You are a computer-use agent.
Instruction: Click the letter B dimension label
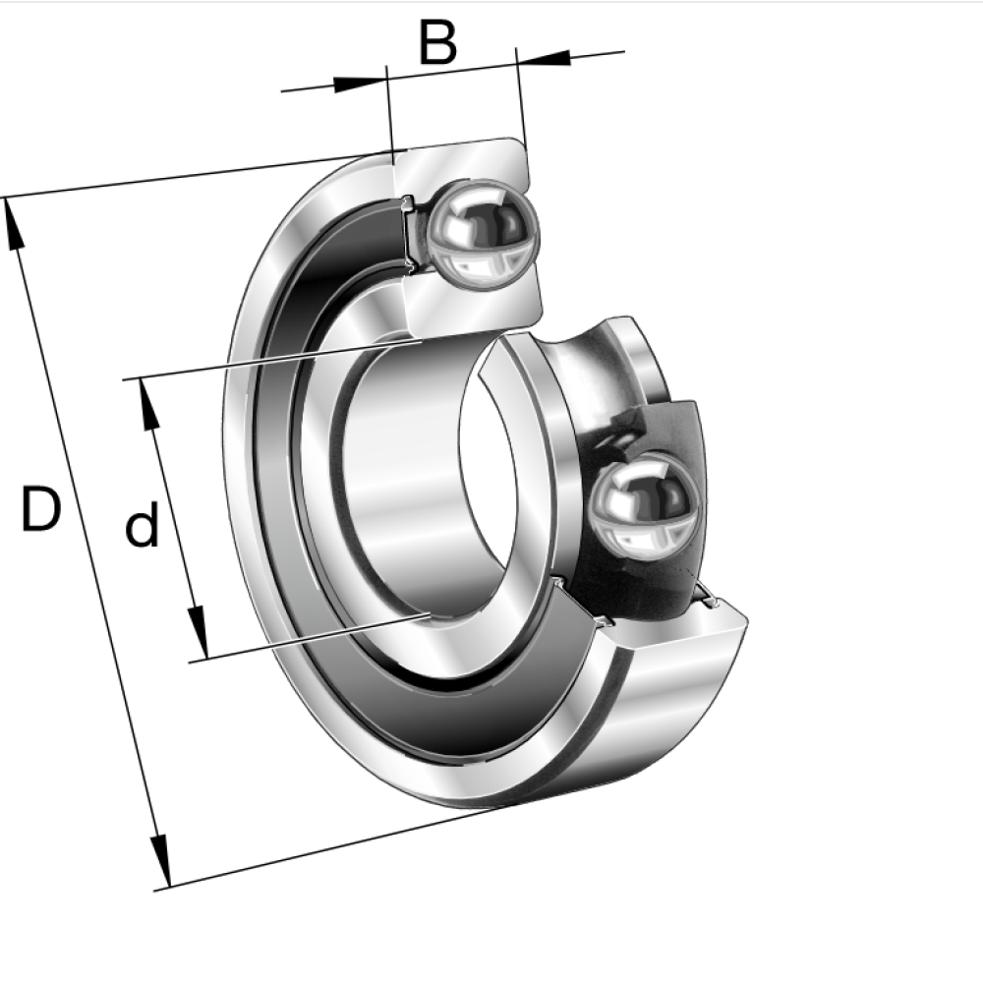pyautogui.click(x=437, y=42)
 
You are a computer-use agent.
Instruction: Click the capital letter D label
pyautogui.click(x=41, y=508)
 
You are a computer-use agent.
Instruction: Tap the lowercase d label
pyautogui.click(x=142, y=529)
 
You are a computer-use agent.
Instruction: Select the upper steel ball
pyautogui.click(x=482, y=235)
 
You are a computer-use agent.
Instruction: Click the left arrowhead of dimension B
pyautogui.click(x=359, y=84)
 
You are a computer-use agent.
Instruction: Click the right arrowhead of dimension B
pyautogui.click(x=544, y=58)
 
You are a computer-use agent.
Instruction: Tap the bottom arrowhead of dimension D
pyautogui.click(x=160, y=861)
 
